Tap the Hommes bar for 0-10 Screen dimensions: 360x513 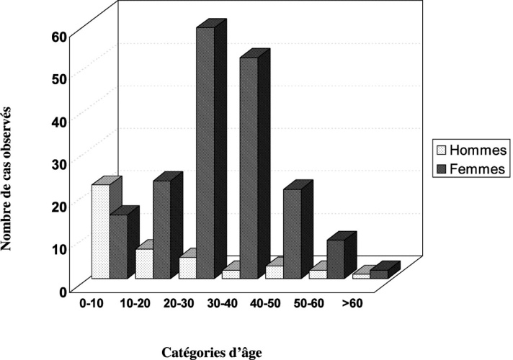coord(101,231)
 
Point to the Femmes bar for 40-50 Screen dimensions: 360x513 coord(292,233)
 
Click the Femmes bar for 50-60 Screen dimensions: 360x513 coord(335,258)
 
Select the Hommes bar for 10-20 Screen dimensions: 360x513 coord(144,264)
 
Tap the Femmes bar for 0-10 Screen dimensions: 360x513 coord(118,246)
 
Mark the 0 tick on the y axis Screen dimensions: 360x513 coord(63,290)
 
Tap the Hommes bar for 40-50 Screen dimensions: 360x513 coord(274,271)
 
